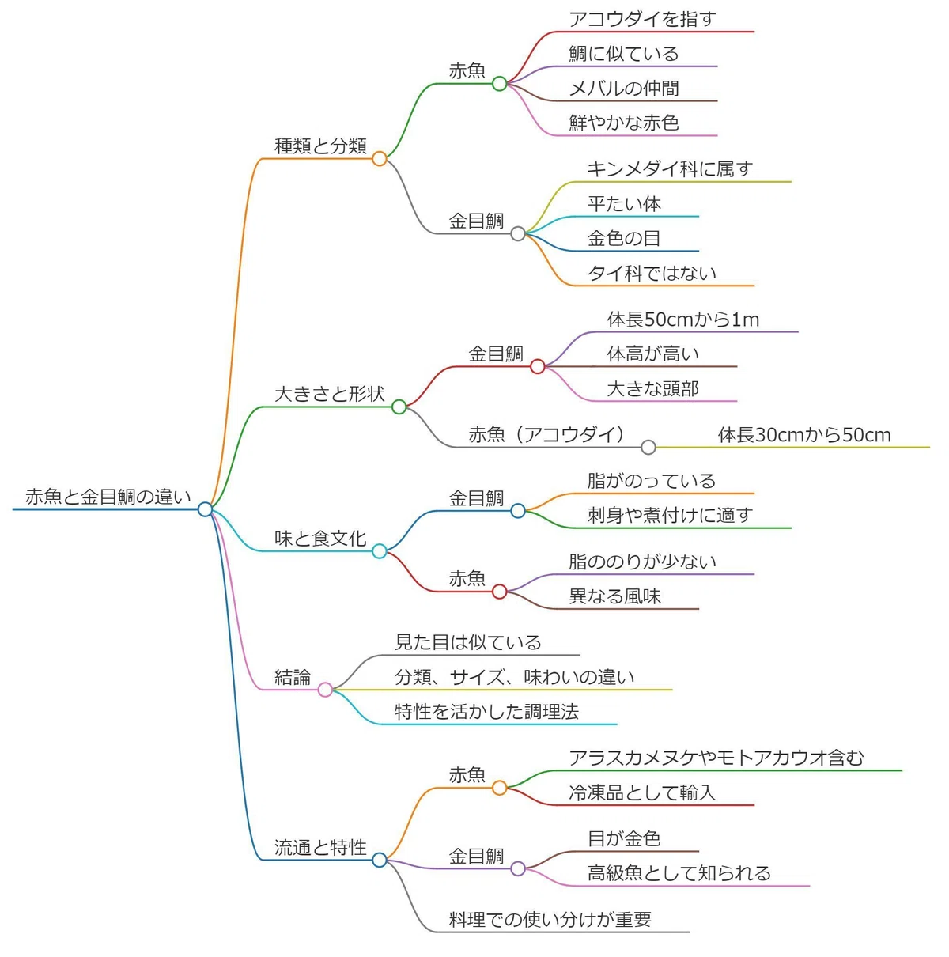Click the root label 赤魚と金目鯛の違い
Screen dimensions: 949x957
click(108, 496)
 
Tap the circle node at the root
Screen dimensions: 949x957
click(205, 509)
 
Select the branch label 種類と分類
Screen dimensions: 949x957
click(320, 146)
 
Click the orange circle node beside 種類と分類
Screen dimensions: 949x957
click(379, 158)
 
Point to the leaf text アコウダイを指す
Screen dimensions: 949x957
click(642, 19)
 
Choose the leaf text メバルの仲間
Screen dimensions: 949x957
click(624, 88)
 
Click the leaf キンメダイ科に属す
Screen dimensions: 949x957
click(670, 168)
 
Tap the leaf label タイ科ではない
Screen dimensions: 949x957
click(652, 273)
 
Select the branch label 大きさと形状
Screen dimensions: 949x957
click(330, 394)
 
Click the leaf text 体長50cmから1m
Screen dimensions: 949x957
click(683, 319)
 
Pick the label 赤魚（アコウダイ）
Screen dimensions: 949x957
click(546, 434)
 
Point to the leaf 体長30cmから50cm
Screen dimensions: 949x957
click(804, 434)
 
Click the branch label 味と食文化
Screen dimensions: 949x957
click(320, 538)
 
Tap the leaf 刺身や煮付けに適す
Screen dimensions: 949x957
click(670, 515)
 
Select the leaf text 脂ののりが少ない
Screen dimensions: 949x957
click(642, 562)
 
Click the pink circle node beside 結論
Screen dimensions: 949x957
click(325, 690)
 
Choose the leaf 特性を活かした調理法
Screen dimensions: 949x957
click(486, 711)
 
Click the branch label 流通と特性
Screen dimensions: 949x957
click(320, 847)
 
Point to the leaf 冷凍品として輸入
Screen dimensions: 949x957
click(642, 792)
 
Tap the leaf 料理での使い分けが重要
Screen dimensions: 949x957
click(550, 919)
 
